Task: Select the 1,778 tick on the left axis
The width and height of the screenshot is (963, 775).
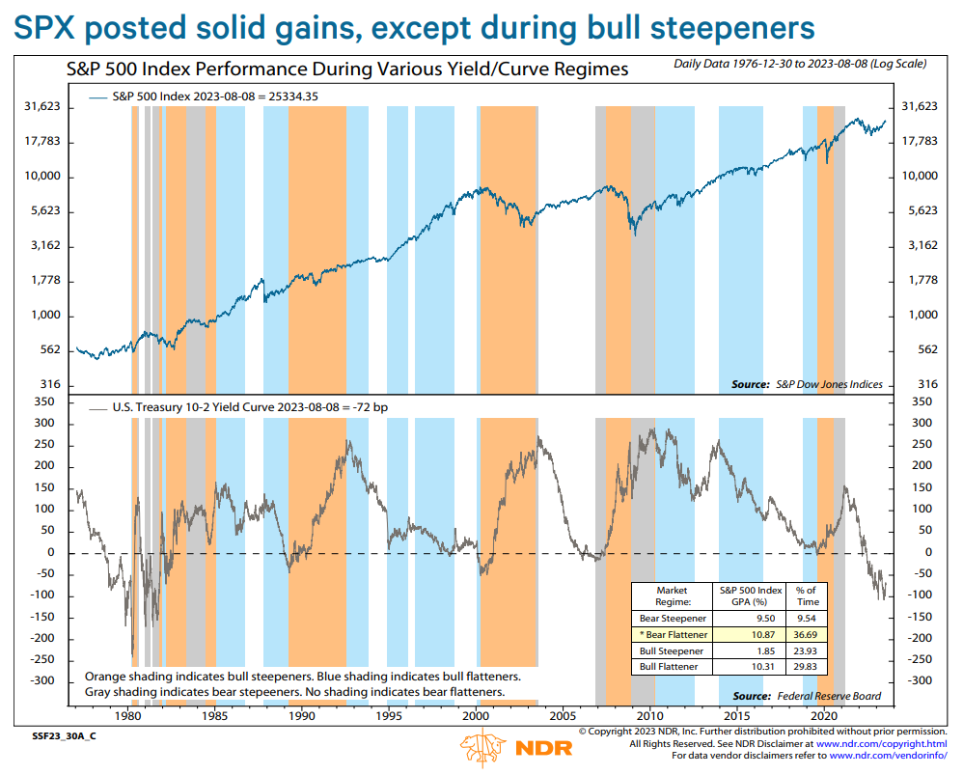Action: click(x=42, y=281)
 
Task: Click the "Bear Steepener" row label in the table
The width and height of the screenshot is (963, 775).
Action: click(x=673, y=618)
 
